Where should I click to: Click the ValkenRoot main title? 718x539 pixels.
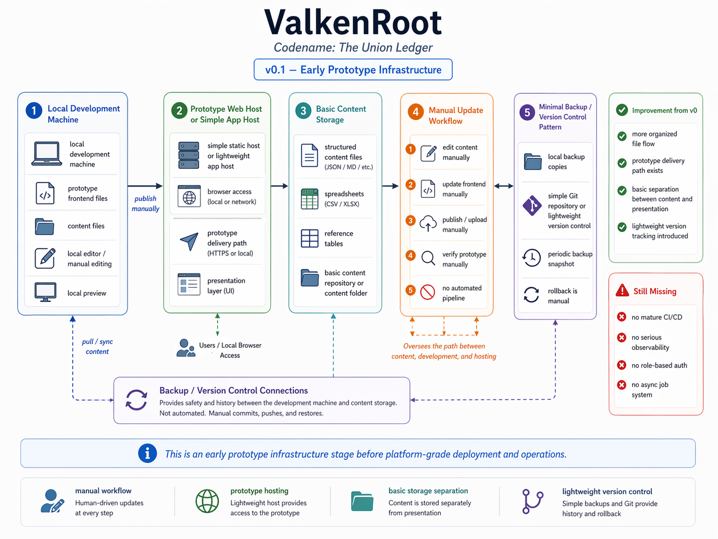pos(353,22)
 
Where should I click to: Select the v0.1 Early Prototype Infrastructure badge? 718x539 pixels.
pos(353,69)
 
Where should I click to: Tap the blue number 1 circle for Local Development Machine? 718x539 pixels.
pos(34,110)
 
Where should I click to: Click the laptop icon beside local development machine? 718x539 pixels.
pos(47,153)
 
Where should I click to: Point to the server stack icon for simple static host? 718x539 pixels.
pos(189,155)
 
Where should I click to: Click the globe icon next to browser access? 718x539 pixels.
pos(189,197)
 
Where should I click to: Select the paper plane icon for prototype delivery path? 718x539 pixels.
pos(189,242)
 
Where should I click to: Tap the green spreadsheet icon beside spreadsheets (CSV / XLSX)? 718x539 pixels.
pos(309,199)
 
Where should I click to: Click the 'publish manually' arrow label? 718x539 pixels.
pos(145,203)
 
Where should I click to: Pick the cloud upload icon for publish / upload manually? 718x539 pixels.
pos(428,224)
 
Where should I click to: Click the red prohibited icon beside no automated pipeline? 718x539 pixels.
pos(427,292)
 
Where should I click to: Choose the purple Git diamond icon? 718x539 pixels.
pos(532,205)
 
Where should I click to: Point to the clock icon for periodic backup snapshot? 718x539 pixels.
pos(532,258)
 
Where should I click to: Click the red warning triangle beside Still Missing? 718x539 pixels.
pos(622,291)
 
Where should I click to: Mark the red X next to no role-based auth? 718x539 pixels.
pos(621,365)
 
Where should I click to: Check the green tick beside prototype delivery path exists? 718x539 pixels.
pos(622,163)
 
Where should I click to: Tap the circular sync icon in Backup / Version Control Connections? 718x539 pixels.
pos(136,400)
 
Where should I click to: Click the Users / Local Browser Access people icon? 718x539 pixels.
pos(186,348)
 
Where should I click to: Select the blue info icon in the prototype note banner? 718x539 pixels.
pos(147,453)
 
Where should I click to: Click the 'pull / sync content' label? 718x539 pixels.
pos(97,346)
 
